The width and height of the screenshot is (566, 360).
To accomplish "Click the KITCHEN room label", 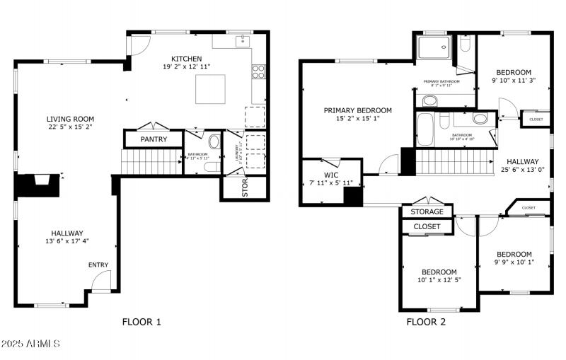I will pos(187,59).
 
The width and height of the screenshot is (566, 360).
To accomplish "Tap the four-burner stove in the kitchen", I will pos(258,71).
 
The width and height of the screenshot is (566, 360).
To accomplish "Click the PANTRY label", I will pos(154,139).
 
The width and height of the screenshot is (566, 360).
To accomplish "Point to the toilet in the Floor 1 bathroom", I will pos(214,141).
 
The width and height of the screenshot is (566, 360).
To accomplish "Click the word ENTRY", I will pos(98,265).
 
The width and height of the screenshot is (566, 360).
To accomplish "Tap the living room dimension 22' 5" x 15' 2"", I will pos(70,127).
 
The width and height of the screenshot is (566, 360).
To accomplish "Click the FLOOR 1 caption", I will pos(141,322).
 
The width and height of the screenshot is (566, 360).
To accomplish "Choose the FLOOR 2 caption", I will pos(426,322).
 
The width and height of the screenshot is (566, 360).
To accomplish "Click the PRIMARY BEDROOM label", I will pos(357,110).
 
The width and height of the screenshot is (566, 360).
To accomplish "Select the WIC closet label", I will pos(332,174).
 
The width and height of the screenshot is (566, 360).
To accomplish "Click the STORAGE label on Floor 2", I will pos(427,211).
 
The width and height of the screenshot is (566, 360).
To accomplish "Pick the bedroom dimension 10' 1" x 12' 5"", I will pos(439,280).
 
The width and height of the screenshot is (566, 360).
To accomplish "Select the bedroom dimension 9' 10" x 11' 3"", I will pos(513,81).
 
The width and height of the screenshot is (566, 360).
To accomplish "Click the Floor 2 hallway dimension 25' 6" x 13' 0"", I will pos(522,170).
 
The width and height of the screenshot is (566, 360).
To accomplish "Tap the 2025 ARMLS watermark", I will pos(30,344).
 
